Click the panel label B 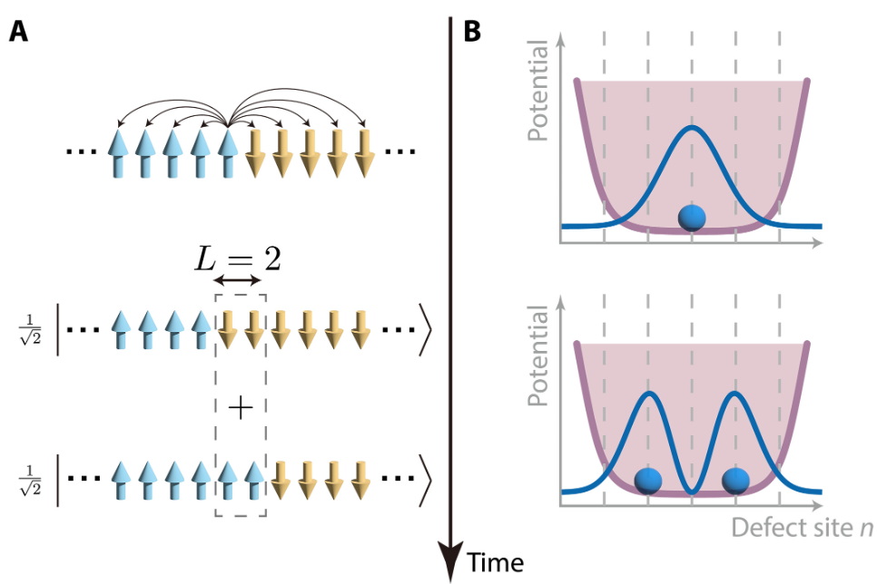click(x=473, y=32)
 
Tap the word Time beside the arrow click(x=496, y=563)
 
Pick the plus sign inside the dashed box click(x=240, y=409)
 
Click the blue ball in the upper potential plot click(x=692, y=218)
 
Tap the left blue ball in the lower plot click(x=648, y=481)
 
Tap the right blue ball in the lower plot click(x=735, y=481)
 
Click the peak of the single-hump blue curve click(x=692, y=127)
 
